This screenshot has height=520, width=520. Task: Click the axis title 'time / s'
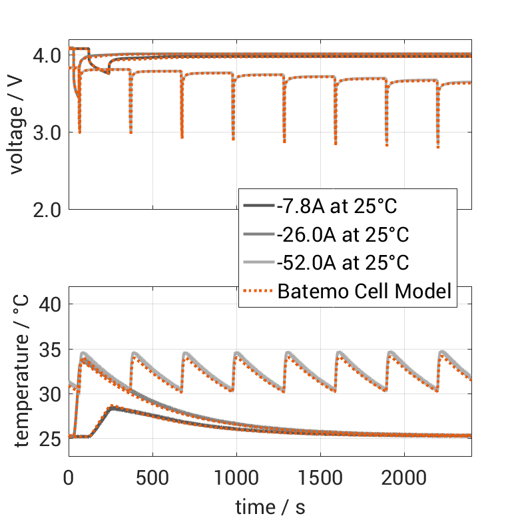click(x=270, y=507)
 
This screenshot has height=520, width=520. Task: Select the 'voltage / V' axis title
click(x=16, y=132)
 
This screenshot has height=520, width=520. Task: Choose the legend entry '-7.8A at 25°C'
click(x=336, y=207)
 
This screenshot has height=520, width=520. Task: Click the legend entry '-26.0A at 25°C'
click(x=342, y=235)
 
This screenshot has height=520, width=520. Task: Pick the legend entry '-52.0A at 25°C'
click(x=342, y=263)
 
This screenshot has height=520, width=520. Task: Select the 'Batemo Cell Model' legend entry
click(x=365, y=291)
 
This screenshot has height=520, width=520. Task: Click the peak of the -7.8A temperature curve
click(x=113, y=407)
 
